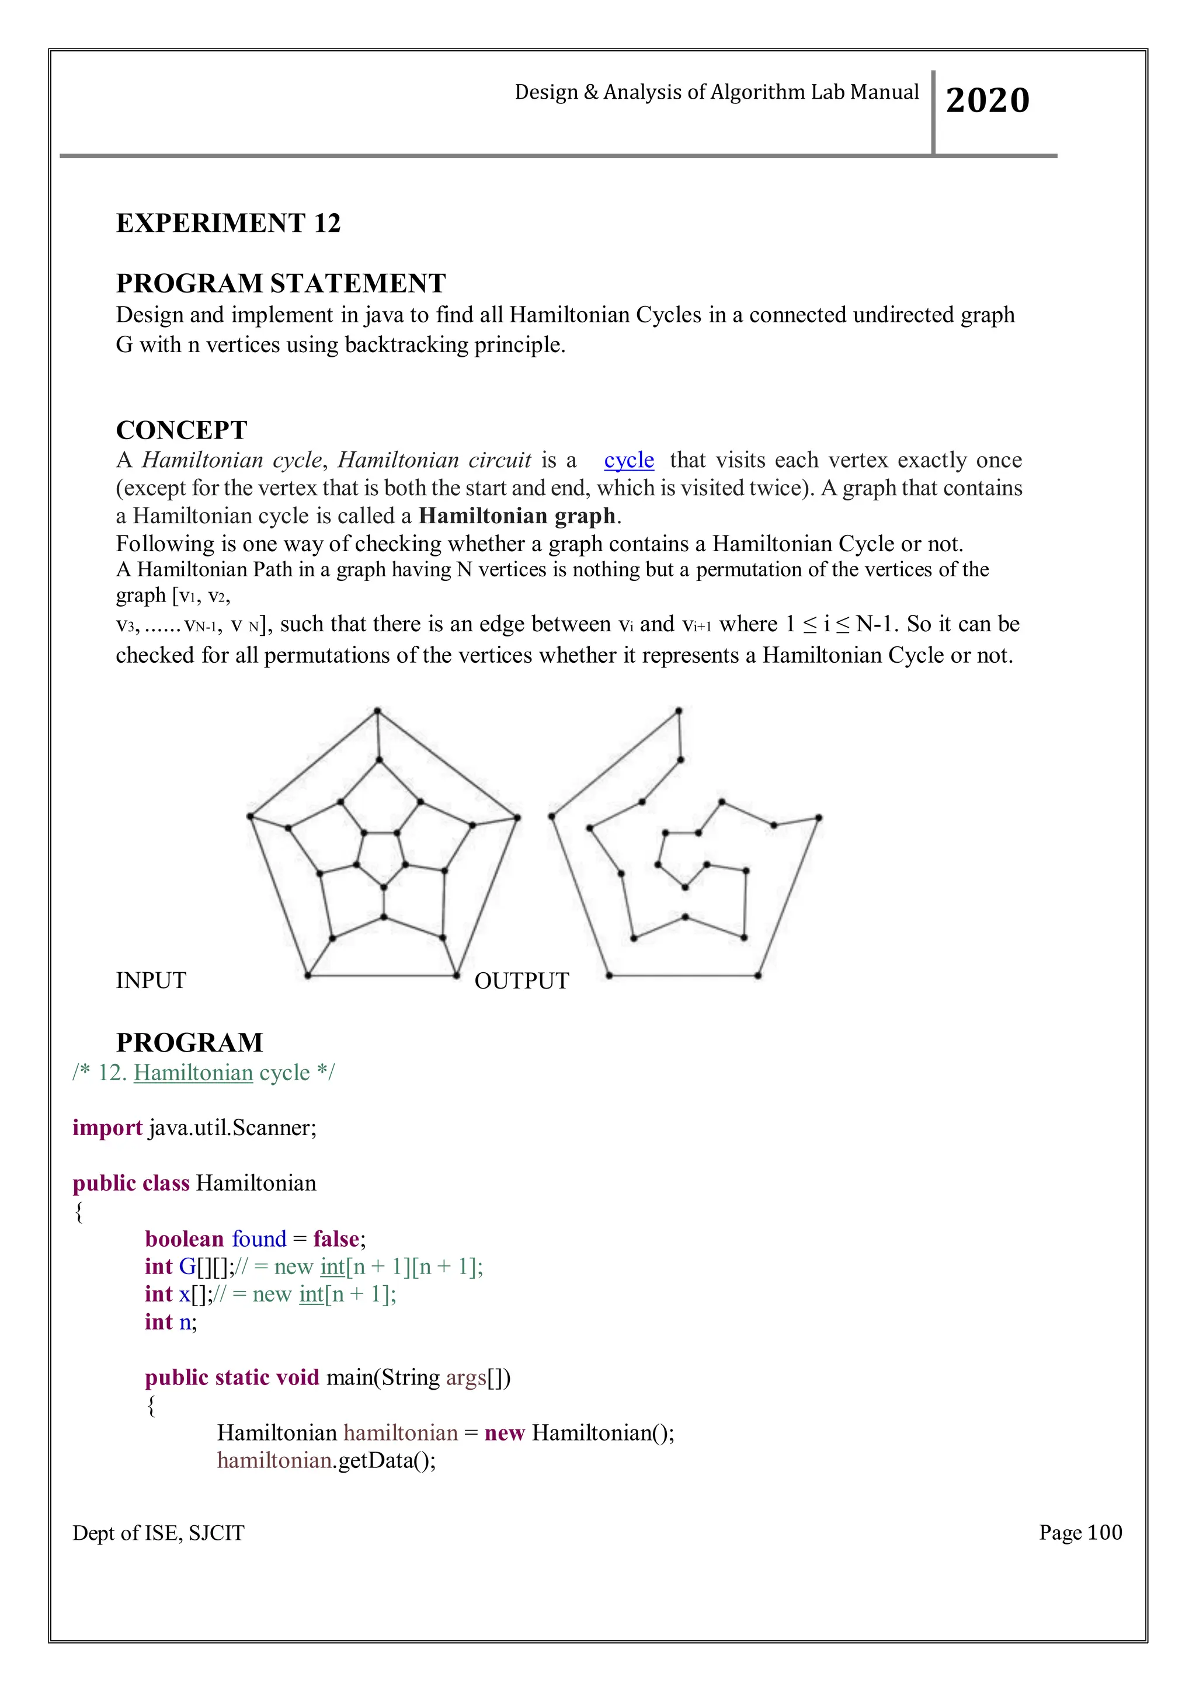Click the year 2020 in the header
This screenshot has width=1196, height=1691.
pos(987,100)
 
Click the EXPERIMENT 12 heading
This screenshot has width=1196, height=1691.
pos(228,223)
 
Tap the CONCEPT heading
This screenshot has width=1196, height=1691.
pos(181,430)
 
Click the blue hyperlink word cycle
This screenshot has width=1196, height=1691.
pos(628,460)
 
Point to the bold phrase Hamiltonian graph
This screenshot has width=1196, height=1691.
pos(516,516)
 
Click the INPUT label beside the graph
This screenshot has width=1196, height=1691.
pos(151,980)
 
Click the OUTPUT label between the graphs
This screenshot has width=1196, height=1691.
pos(521,981)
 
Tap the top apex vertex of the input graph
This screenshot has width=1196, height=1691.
pos(377,711)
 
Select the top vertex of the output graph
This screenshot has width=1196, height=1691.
pos(678,711)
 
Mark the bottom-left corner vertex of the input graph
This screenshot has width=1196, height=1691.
pos(308,976)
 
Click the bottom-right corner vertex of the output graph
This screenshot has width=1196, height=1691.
pos(758,976)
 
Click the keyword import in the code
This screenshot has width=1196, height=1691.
pos(107,1128)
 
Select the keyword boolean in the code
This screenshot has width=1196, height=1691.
pos(184,1239)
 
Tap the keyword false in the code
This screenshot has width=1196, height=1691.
pos(336,1239)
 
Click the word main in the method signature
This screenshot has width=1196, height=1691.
pos(350,1377)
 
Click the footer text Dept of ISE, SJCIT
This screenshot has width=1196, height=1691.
pos(158,1533)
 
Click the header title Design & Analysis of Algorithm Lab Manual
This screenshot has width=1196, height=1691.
pos(716,92)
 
